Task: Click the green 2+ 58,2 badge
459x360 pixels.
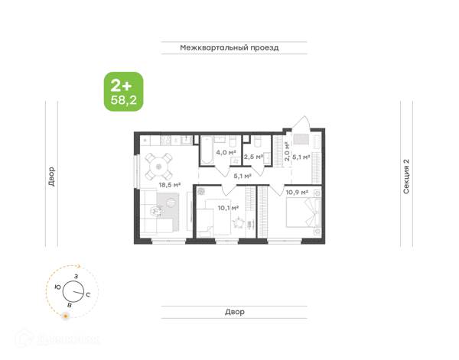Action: click(123, 92)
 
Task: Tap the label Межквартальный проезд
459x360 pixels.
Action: click(229, 47)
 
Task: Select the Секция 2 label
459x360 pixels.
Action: click(406, 177)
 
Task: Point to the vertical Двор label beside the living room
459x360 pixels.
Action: click(51, 177)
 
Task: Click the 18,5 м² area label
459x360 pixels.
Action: click(170, 185)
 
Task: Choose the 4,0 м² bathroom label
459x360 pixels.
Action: click(226, 152)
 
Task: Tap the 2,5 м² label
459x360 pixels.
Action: click(253, 157)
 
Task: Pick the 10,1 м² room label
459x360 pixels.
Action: click(228, 208)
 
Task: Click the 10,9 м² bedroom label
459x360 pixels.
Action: click(297, 193)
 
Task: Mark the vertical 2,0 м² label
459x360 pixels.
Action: click(287, 151)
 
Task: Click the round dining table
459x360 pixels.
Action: click(158, 167)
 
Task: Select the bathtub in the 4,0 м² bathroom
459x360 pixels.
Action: click(207, 150)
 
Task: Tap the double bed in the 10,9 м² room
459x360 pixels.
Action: click(304, 212)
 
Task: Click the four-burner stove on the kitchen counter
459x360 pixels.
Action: click(165, 141)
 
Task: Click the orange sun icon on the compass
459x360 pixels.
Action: click(66, 316)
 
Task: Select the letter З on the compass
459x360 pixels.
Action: click(76, 276)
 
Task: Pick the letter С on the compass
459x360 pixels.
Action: click(88, 294)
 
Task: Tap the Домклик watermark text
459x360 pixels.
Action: click(68, 340)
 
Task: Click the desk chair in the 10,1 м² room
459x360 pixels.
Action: click(239, 223)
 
